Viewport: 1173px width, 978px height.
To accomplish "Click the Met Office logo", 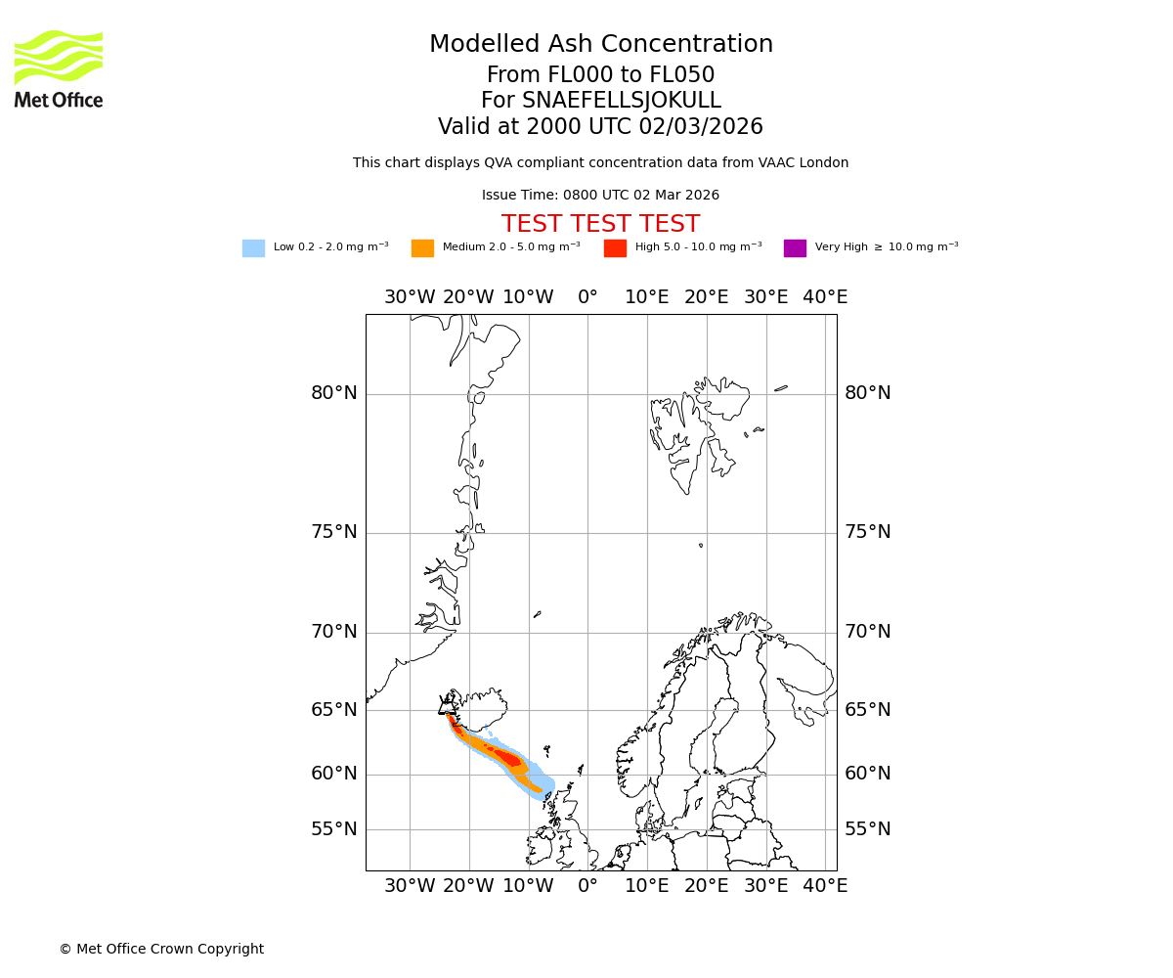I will tap(59, 68).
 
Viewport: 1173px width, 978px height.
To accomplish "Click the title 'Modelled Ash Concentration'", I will tap(601, 45).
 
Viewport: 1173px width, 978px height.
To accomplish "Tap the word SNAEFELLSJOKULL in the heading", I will tap(623, 101).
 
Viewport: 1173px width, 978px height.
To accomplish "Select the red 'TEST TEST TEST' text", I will tap(600, 225).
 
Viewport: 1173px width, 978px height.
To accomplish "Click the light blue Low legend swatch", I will tap(253, 248).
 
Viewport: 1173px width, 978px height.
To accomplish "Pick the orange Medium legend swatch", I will tap(422, 248).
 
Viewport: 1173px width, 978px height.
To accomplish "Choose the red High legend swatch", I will tap(615, 248).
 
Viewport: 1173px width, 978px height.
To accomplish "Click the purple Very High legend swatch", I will tap(795, 248).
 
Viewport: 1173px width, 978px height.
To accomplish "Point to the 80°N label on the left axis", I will tap(334, 394).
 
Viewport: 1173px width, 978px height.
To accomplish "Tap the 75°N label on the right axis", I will tap(868, 533).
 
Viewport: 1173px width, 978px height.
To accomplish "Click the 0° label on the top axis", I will tap(587, 297).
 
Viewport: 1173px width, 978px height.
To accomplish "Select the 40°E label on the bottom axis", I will tap(825, 886).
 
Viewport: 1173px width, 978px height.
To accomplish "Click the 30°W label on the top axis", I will tap(410, 297).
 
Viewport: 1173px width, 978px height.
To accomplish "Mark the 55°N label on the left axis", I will tap(334, 830).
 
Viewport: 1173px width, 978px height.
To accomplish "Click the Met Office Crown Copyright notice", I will tap(161, 950).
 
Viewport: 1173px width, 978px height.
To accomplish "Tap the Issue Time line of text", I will tap(600, 196).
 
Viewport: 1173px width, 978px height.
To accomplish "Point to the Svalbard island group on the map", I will tap(699, 425).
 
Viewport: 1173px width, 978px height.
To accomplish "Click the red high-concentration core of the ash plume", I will tap(509, 758).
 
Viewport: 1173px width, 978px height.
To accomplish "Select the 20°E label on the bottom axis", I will tap(707, 886).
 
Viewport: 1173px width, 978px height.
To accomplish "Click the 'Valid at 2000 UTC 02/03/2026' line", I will tap(600, 127).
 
